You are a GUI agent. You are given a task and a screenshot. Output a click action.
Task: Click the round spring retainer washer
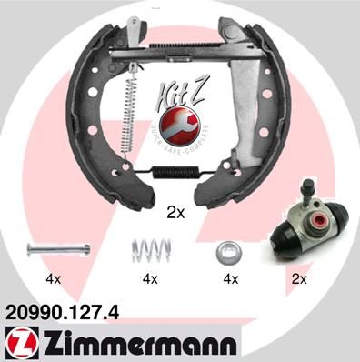coord(226,251)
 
